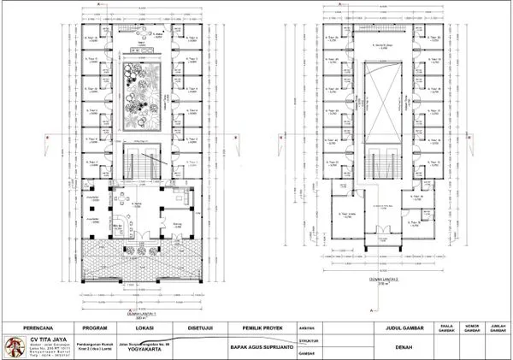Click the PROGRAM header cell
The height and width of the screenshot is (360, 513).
click(x=93, y=327)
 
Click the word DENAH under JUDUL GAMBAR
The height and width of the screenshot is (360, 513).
click(x=405, y=348)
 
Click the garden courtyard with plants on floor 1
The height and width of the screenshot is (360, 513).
click(x=138, y=97)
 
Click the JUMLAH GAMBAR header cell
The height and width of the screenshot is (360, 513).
click(x=497, y=327)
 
